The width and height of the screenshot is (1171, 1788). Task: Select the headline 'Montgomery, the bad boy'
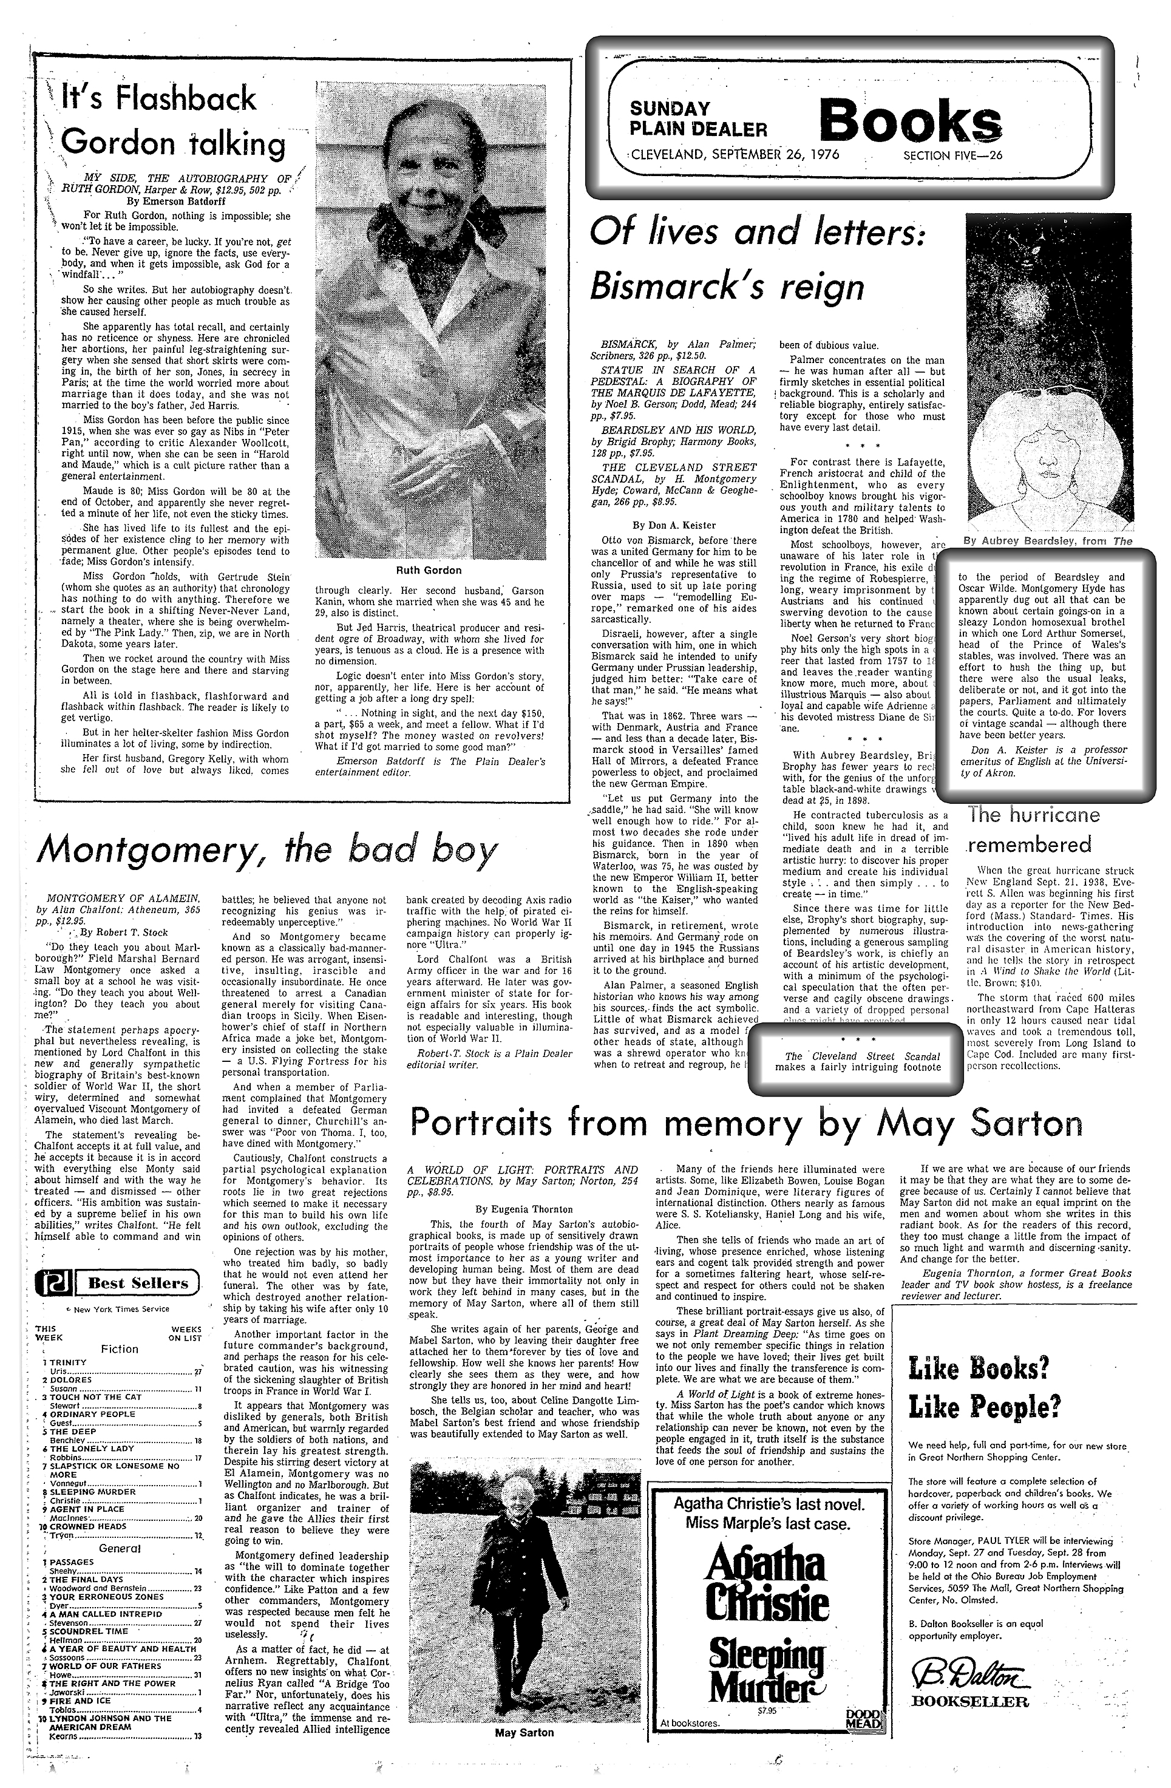pyautogui.click(x=266, y=849)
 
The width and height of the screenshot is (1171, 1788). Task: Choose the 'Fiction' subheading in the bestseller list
pyautogui.click(x=120, y=1348)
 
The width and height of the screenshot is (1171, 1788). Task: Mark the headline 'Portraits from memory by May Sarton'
pyautogui.click(x=747, y=1123)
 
